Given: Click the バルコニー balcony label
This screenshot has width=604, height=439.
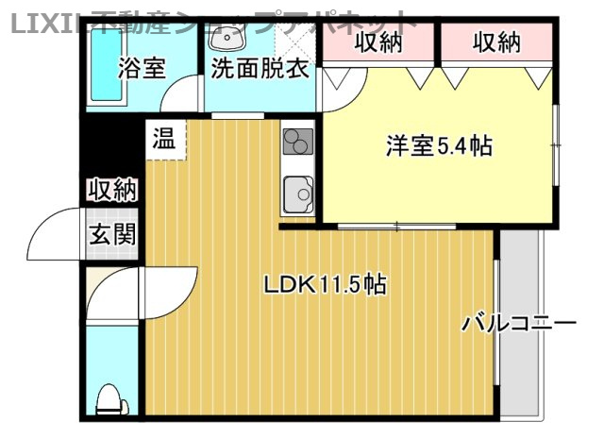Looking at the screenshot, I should (x=518, y=324).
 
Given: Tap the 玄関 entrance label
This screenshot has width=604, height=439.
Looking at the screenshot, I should (x=112, y=233).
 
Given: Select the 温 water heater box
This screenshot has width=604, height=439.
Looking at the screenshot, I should (x=164, y=142).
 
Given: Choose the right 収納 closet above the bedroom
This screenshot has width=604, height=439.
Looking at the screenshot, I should (x=496, y=42).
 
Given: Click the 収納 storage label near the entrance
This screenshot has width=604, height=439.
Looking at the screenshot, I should (x=112, y=190).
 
